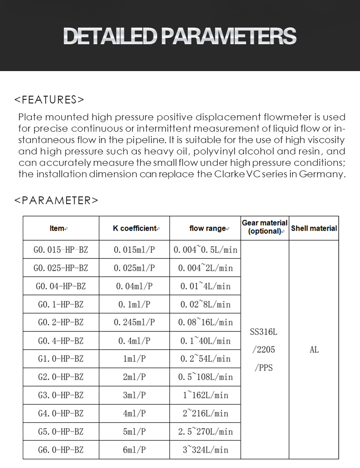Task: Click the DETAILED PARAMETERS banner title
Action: pyautogui.click(x=180, y=36)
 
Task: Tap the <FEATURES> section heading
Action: pyautogui.click(x=49, y=100)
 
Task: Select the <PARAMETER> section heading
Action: pyautogui.click(x=56, y=201)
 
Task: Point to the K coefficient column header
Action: pyautogui.click(x=134, y=228)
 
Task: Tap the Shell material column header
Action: pyautogui.click(x=314, y=228)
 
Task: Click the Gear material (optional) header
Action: pyautogui.click(x=265, y=227)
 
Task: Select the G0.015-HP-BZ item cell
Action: pyautogui.click(x=61, y=250)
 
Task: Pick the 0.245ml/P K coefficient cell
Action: pyautogui.click(x=134, y=322)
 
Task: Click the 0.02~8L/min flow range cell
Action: pyautogui.click(x=206, y=304)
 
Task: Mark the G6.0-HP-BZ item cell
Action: pyautogui.click(x=61, y=450)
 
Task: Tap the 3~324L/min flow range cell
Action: pyautogui.click(x=206, y=450)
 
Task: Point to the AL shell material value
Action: pyautogui.click(x=314, y=350)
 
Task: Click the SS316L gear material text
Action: pyautogui.click(x=264, y=332)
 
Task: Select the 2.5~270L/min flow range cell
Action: pyautogui.click(x=206, y=432)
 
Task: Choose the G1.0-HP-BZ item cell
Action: pyautogui.click(x=61, y=359)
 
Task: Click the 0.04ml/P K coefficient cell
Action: pyautogui.click(x=134, y=286)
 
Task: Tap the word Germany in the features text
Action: pyautogui.click(x=322, y=175)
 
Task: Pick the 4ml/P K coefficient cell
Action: pyautogui.click(x=134, y=413)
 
